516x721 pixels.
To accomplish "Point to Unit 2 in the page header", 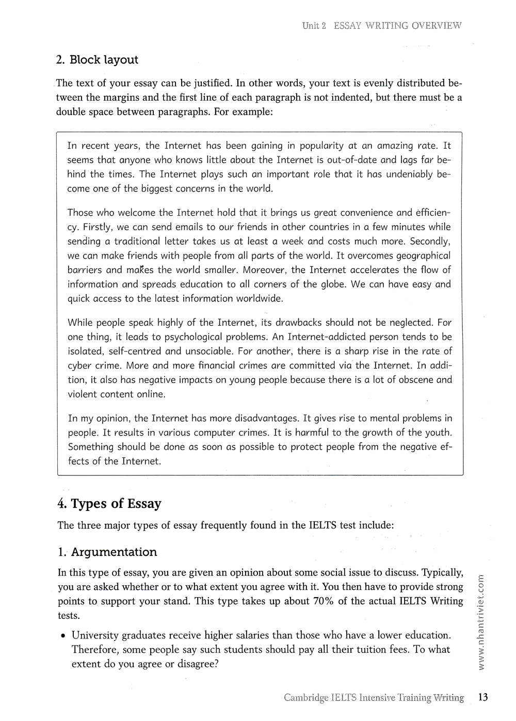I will (314, 25).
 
